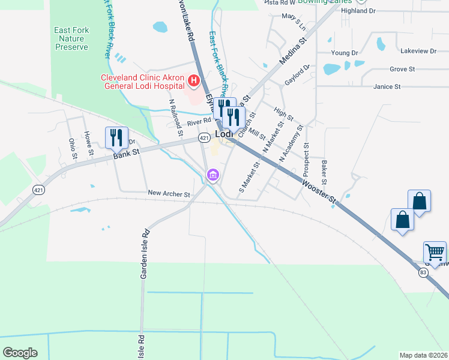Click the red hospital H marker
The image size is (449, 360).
193,80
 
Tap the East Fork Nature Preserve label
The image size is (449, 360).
71,38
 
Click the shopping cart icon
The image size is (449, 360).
435,252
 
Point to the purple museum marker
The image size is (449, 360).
212,175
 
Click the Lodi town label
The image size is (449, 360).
224,135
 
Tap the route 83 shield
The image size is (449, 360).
423,273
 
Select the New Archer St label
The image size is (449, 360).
169,194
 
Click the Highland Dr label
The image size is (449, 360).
358,11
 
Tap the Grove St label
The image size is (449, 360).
402,70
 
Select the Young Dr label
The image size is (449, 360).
344,53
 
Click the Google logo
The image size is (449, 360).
20,352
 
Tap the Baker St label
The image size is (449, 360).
324,172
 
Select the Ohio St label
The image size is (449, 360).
72,148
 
